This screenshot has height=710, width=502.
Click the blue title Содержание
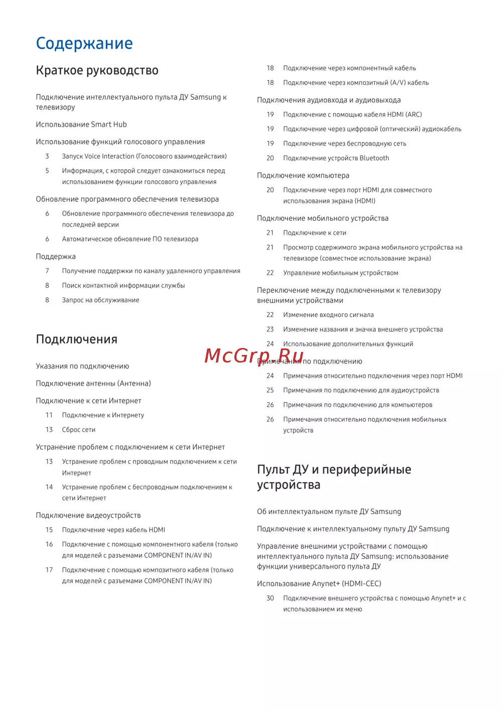[84, 44]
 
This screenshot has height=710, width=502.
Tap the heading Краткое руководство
[97, 71]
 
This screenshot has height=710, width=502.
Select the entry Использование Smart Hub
[81, 125]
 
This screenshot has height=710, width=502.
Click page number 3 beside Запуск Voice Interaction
[47, 157]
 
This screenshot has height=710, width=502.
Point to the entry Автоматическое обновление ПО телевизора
[130, 240]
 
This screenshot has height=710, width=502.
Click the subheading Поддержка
[56, 257]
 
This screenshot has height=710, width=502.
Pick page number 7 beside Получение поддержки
[47, 271]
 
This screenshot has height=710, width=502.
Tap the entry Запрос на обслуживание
[100, 300]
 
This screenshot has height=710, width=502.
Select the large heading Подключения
[76, 340]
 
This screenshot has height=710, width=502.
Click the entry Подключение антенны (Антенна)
[93, 384]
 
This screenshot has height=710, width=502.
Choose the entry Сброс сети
[78, 430]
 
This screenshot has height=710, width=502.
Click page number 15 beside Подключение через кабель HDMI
[49, 530]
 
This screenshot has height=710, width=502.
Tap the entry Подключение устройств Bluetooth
[336, 158]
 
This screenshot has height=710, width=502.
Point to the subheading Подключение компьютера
[303, 176]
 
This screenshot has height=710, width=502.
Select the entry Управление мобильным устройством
[340, 273]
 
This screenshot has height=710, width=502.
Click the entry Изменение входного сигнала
[328, 315]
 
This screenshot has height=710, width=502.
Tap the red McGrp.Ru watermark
[254, 356]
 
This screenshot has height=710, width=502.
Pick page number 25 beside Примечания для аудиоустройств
[270, 391]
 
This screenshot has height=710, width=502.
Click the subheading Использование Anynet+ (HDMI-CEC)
[319, 584]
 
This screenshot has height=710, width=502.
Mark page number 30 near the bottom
[270, 599]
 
